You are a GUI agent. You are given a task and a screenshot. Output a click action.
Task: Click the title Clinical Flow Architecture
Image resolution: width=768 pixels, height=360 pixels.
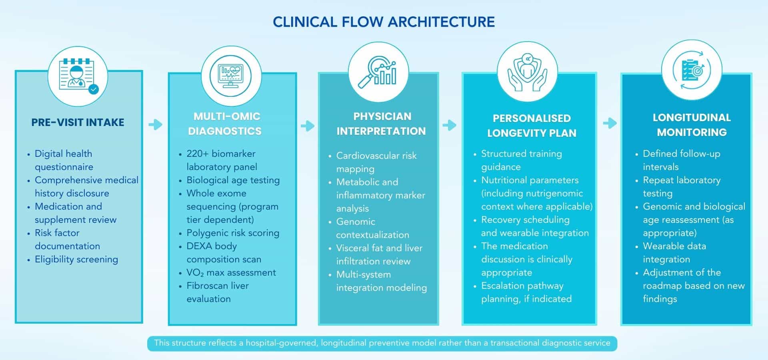click(384, 22)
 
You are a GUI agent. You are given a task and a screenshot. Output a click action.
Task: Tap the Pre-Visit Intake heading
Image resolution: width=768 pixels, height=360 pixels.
click(78, 122)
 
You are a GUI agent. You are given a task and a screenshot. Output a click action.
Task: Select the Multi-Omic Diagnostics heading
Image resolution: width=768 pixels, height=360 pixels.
click(226, 124)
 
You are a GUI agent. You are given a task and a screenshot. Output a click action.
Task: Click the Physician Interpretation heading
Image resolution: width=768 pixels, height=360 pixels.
click(381, 124)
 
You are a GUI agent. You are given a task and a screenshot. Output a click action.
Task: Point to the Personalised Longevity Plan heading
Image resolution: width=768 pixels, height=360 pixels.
click(532, 126)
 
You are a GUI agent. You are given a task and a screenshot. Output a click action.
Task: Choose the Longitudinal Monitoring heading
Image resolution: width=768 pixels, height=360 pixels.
click(692, 125)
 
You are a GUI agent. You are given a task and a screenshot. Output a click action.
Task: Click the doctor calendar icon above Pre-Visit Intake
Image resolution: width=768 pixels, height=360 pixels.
click(78, 76)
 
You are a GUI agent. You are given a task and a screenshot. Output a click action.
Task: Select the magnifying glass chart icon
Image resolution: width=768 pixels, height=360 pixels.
click(378, 72)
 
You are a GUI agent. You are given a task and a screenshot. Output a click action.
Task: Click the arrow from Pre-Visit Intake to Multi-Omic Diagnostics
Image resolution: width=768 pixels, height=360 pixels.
click(155, 124)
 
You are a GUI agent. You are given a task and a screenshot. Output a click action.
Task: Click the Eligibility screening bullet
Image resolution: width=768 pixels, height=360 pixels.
click(76, 259)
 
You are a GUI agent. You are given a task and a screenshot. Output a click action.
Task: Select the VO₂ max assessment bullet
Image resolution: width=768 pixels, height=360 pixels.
click(231, 273)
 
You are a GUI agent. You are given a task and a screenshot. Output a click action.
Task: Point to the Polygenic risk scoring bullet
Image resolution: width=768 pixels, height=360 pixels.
click(232, 233)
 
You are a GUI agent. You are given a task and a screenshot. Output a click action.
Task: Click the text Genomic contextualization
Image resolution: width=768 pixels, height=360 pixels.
click(372, 228)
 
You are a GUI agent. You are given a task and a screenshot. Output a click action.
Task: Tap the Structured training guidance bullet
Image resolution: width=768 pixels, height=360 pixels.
click(521, 160)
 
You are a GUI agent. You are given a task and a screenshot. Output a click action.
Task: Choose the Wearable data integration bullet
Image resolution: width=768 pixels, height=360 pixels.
click(674, 252)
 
